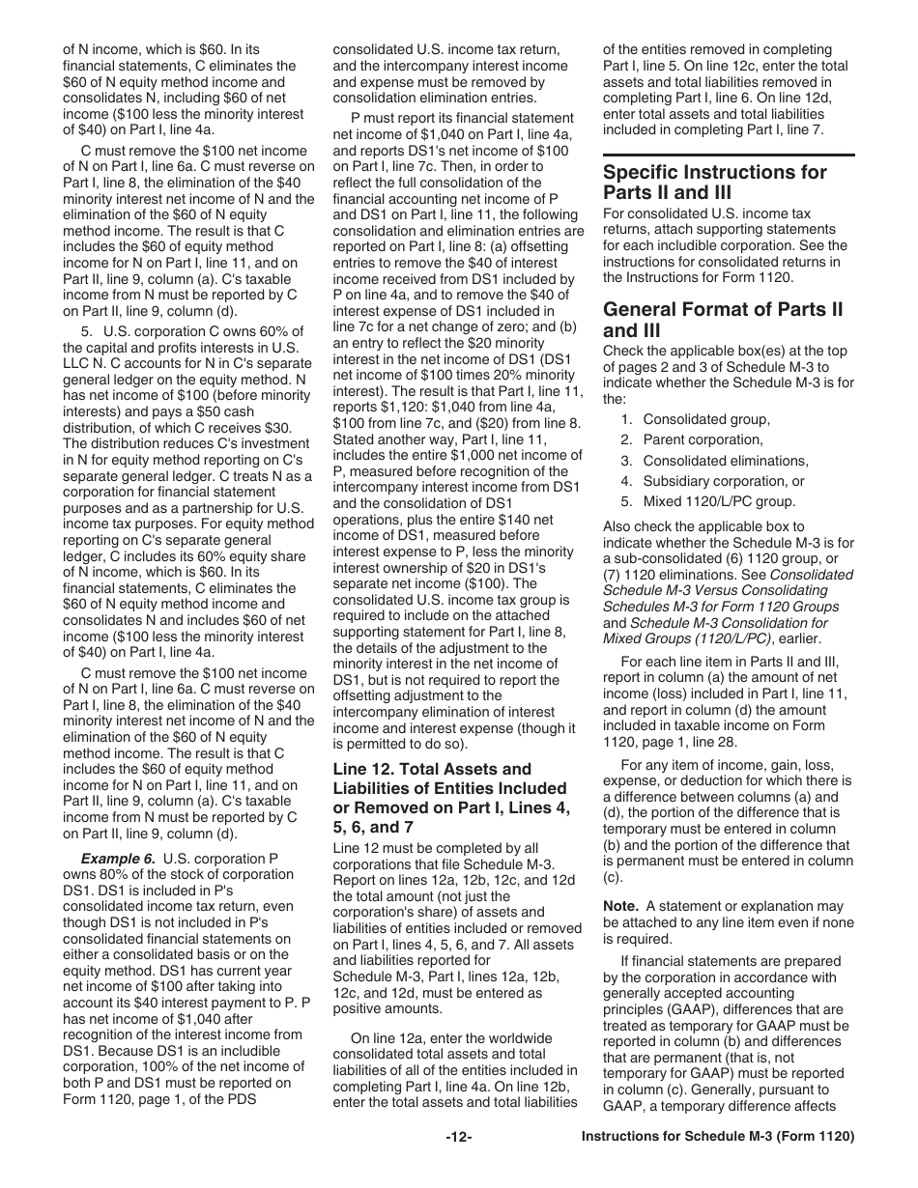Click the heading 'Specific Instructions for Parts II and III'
pos(714,183)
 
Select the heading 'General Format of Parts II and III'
pos(722,320)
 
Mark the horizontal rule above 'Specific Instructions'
pos(729,155)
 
